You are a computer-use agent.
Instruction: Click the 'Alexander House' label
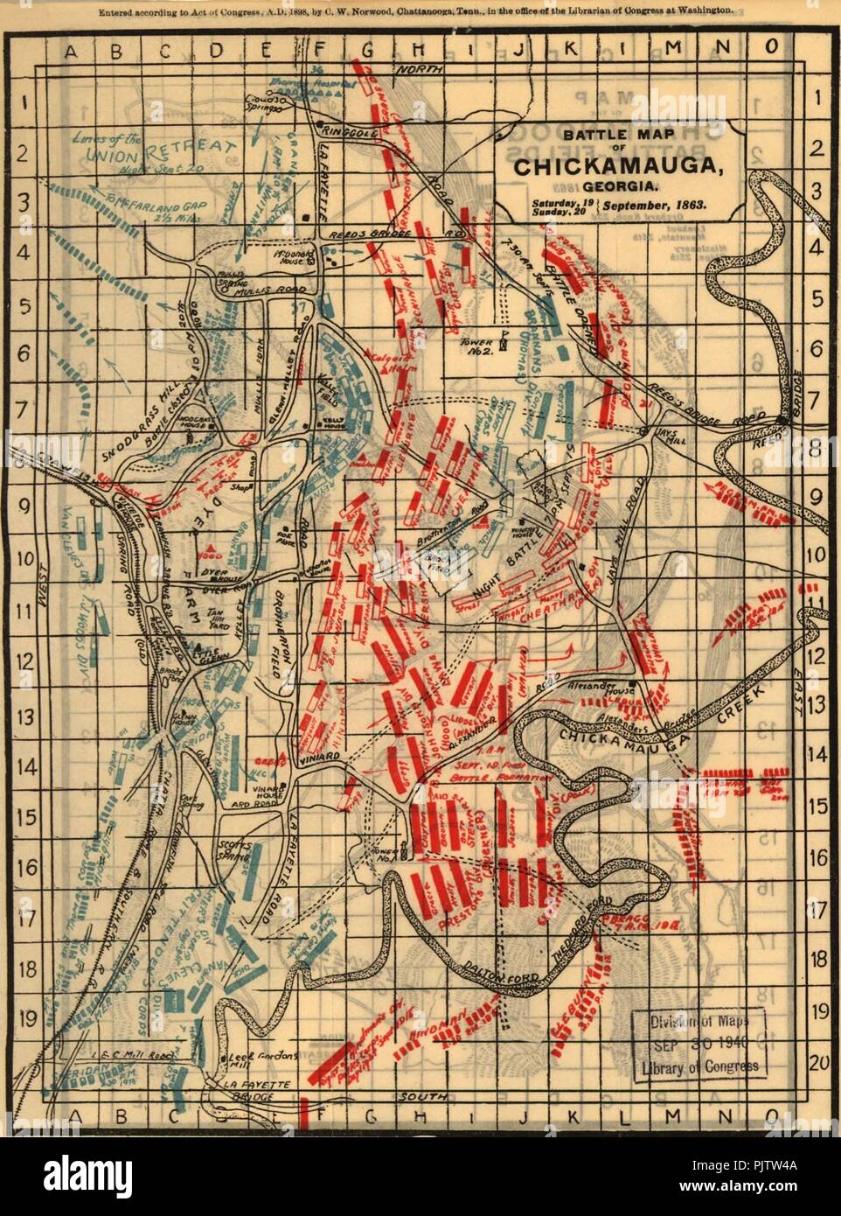click(x=619, y=688)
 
